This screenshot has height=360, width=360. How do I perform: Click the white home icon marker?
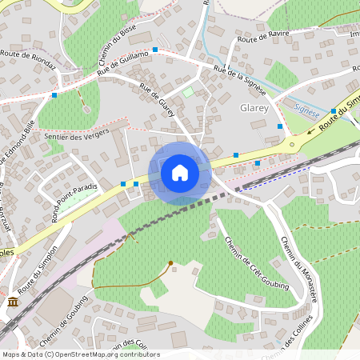tap(180, 172)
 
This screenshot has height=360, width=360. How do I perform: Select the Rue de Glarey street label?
tap(157, 101)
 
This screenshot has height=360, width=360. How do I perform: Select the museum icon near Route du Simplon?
tap(14, 301)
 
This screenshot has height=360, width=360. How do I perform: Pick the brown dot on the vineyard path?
tap(170, 262)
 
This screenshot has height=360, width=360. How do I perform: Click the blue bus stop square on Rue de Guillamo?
tap(155, 50)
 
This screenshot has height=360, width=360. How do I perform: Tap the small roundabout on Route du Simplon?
tap(292, 145)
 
